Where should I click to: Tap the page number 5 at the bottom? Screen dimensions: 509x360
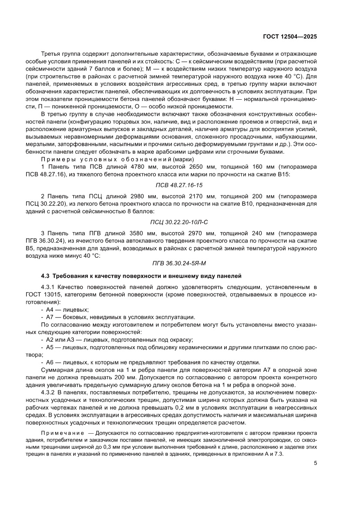click(x=315, y=463)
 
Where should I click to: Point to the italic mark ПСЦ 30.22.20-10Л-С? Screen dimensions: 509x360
click(x=179, y=222)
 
